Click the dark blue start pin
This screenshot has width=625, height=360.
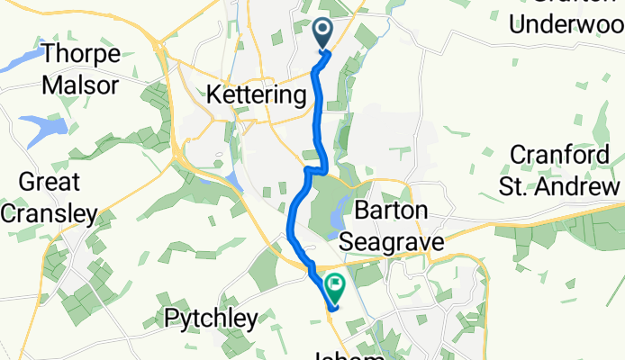[324, 35]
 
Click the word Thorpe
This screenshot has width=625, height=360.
[81, 54]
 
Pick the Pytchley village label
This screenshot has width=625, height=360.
[211, 318]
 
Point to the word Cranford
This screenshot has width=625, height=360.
[566, 154]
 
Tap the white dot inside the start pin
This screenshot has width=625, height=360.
[324, 31]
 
